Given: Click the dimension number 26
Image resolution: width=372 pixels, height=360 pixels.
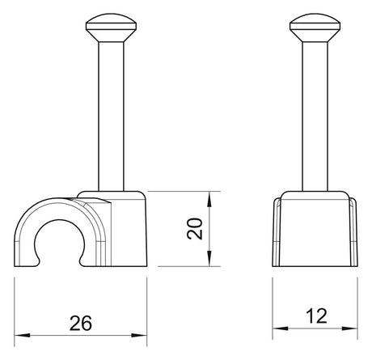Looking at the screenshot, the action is coord(81,323).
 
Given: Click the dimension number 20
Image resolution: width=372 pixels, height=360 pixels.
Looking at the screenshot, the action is coord(195,229).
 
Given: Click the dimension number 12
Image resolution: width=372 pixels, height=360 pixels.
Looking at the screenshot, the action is coord(317,316).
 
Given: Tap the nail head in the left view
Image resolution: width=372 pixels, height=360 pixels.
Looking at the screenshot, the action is coord(111,28).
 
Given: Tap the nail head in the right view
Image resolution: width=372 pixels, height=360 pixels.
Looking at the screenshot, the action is coord(315,28).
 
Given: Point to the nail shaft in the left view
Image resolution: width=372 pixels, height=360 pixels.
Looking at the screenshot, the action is coord(111,116).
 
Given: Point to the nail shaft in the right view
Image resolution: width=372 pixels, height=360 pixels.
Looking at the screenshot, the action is coord(315,116).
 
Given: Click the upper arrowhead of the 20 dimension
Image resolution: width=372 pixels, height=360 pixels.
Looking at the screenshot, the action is coord(209,200).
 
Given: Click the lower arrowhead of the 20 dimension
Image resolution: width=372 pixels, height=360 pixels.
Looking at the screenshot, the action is coord(209,258).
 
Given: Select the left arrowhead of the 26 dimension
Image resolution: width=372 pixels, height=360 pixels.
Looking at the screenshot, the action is coord(22,335).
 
